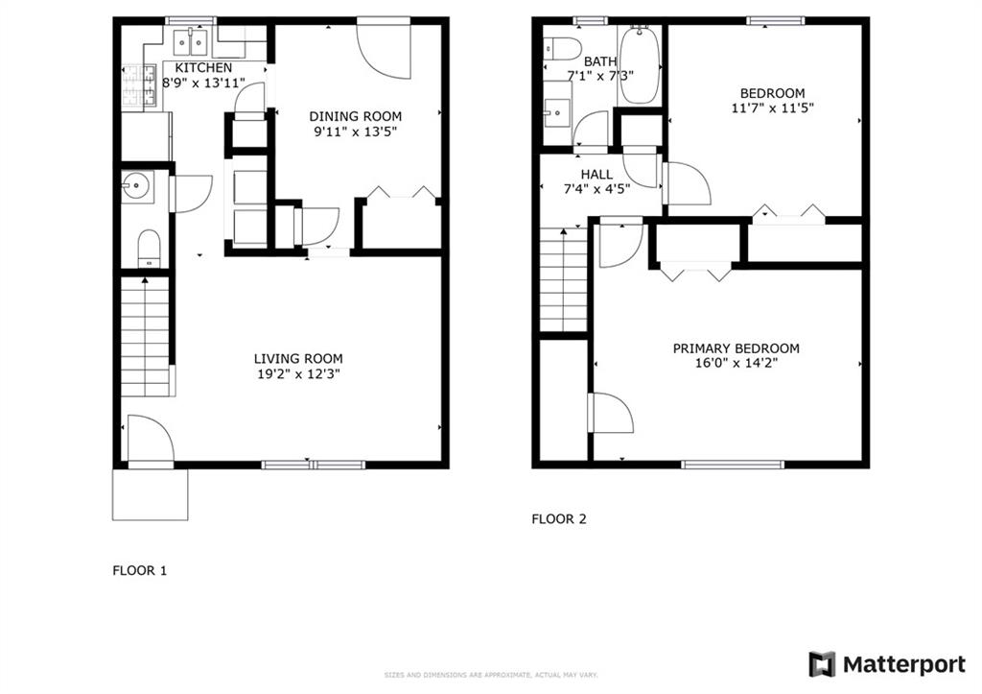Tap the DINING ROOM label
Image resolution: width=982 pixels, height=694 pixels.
click(x=355, y=116)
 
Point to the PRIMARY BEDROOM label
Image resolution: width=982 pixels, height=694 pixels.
click(x=736, y=348)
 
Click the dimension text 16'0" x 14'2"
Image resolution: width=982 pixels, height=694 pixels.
click(x=736, y=364)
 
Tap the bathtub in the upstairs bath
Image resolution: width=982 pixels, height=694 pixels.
click(x=640, y=65)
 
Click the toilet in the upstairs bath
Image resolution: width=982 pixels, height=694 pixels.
click(x=560, y=48)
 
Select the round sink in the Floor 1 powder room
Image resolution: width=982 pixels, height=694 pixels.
click(x=134, y=186)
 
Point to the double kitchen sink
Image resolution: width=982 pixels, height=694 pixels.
click(x=195, y=41)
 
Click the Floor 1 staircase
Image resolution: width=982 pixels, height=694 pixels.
click(x=147, y=336)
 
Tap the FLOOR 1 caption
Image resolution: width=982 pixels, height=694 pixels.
click(x=140, y=570)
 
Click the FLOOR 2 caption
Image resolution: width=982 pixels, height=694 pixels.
click(x=559, y=519)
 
